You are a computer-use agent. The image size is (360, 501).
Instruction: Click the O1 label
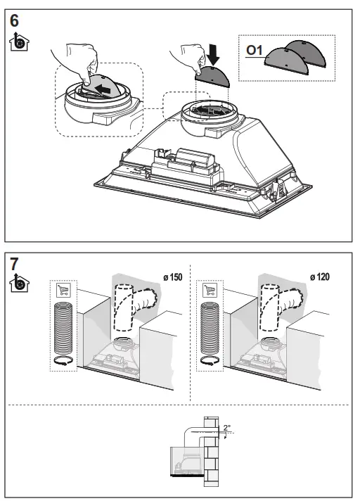253,51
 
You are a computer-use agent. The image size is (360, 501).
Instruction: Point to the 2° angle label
226,427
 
